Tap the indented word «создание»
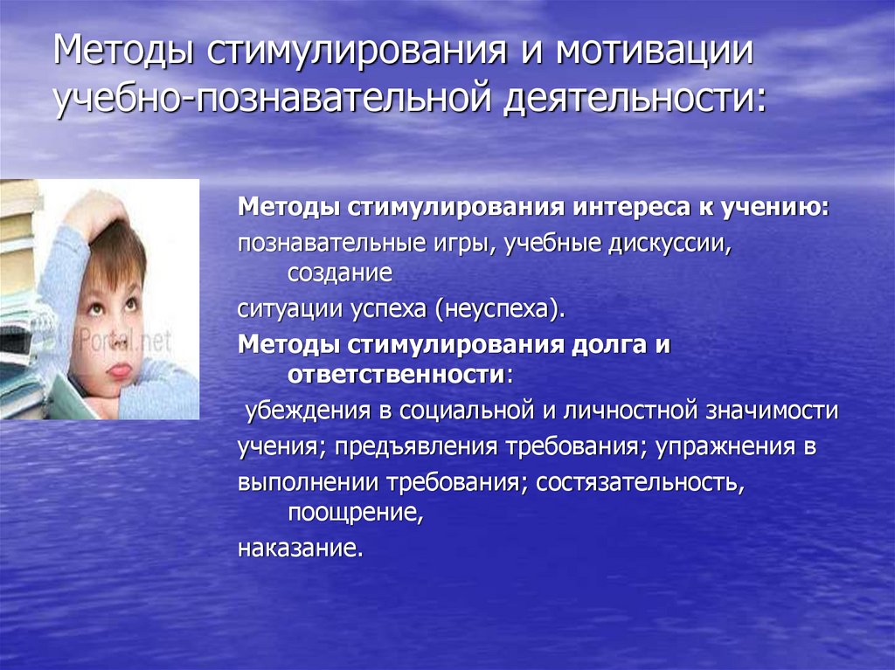[x=339, y=273]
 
